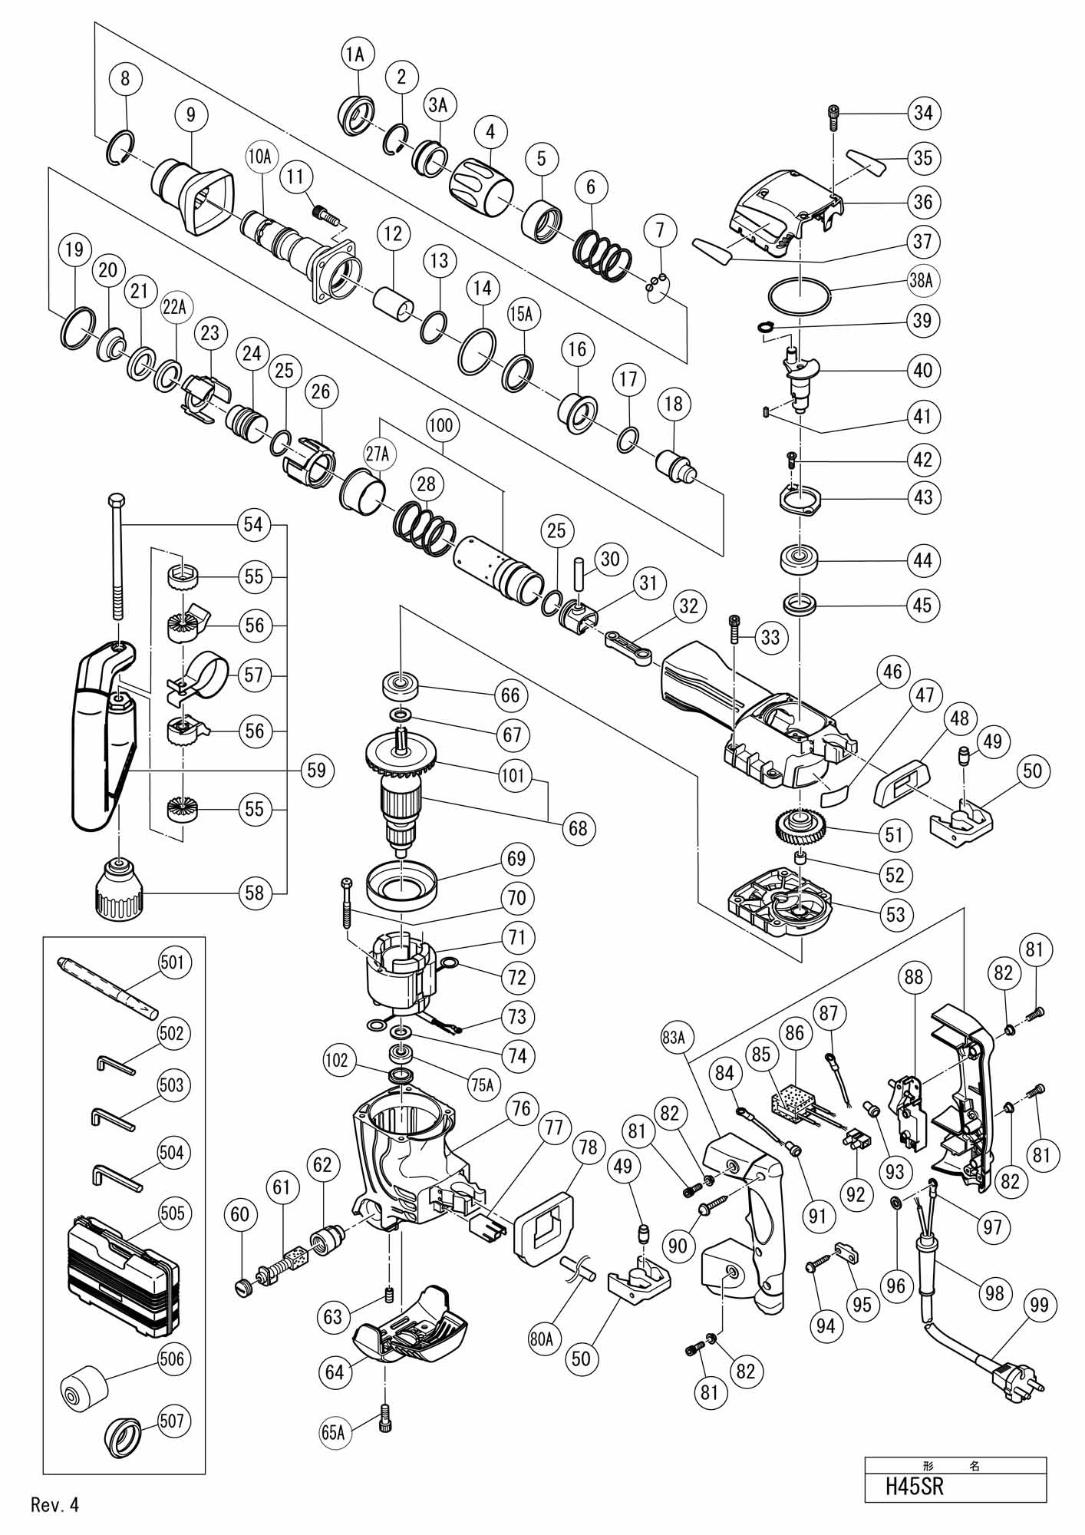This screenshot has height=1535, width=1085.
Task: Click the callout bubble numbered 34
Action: coord(923,113)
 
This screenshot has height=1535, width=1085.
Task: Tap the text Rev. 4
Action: coord(55,1504)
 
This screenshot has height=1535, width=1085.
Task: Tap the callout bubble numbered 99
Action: coord(1040,1305)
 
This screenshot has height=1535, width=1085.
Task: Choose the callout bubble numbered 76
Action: coord(521,1109)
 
